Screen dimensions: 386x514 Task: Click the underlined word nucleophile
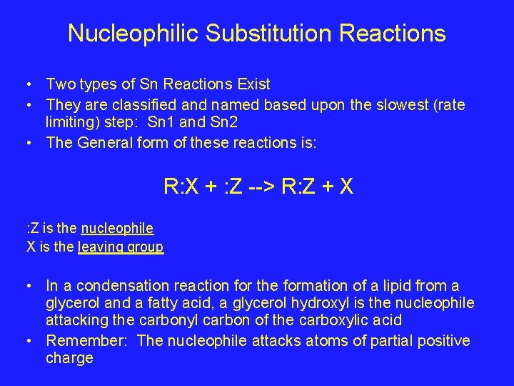[117, 229]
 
